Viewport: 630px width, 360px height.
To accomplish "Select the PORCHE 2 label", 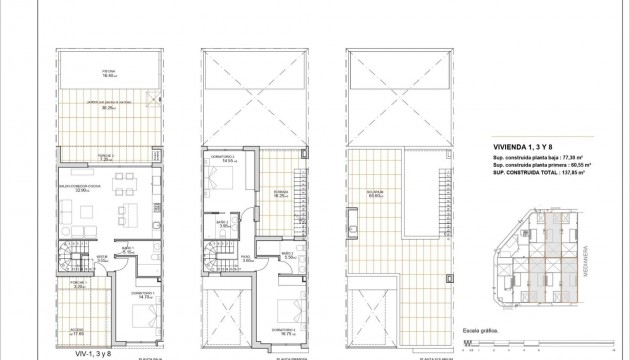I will (x=105, y=155).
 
